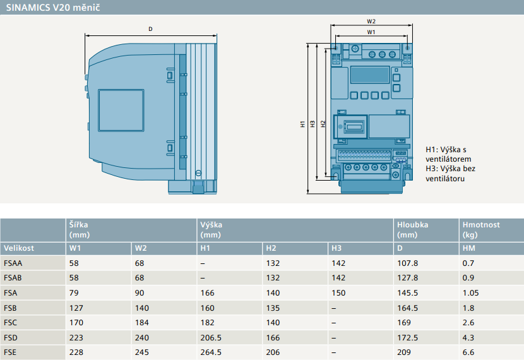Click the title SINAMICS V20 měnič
coord(53,8)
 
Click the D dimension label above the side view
coord(150,29)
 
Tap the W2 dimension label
coord(371,21)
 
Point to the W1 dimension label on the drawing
coord(371,32)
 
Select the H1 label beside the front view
coord(303,124)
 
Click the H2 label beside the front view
coord(323,124)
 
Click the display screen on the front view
coord(370,75)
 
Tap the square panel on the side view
coord(121,111)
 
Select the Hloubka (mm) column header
coord(412,230)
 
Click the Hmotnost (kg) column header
coord(481,230)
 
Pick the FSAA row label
coord(13,263)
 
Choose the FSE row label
coord(10,352)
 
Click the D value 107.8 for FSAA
coord(407,263)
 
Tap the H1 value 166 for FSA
coord(207,293)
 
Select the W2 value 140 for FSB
coord(141,308)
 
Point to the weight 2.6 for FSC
coord(468,323)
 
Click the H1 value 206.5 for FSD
coord(210,338)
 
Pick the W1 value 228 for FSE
coord(76,352)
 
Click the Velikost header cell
coord(19,248)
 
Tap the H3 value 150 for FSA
coord(338,293)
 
